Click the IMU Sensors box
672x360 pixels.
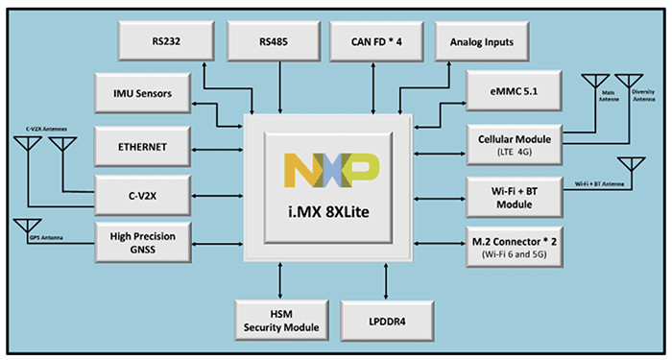pyautogui.click(x=144, y=93)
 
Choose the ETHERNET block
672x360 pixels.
pyautogui.click(x=144, y=147)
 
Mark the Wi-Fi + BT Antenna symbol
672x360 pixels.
pyautogui.click(x=633, y=170)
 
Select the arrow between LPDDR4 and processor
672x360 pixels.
pyautogui.click(x=387, y=279)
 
